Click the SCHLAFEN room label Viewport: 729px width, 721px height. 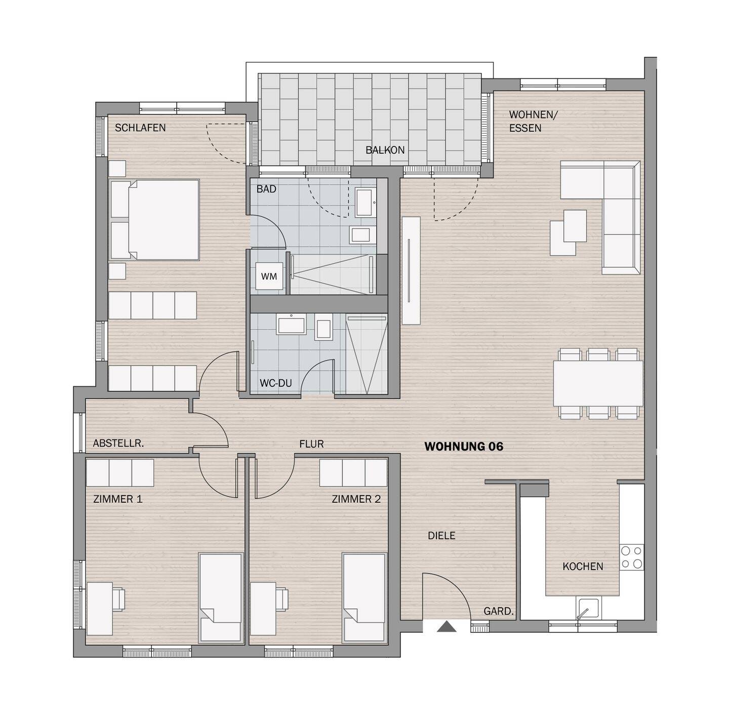140,128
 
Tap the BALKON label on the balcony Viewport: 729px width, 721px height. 385,150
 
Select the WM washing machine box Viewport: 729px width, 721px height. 269,276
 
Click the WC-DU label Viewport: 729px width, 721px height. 275,383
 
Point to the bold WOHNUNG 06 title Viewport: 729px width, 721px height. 463,446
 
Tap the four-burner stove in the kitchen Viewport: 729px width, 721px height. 631,557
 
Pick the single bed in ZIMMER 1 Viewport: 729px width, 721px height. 220,597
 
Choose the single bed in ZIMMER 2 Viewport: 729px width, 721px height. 363,597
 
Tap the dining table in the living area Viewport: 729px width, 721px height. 597,383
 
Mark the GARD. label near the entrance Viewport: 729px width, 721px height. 498,611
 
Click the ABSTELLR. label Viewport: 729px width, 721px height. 118,443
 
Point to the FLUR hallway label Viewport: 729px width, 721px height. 311,444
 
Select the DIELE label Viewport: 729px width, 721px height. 441,535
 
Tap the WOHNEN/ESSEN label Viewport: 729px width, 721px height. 532,121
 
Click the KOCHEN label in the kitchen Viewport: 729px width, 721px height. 582,566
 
